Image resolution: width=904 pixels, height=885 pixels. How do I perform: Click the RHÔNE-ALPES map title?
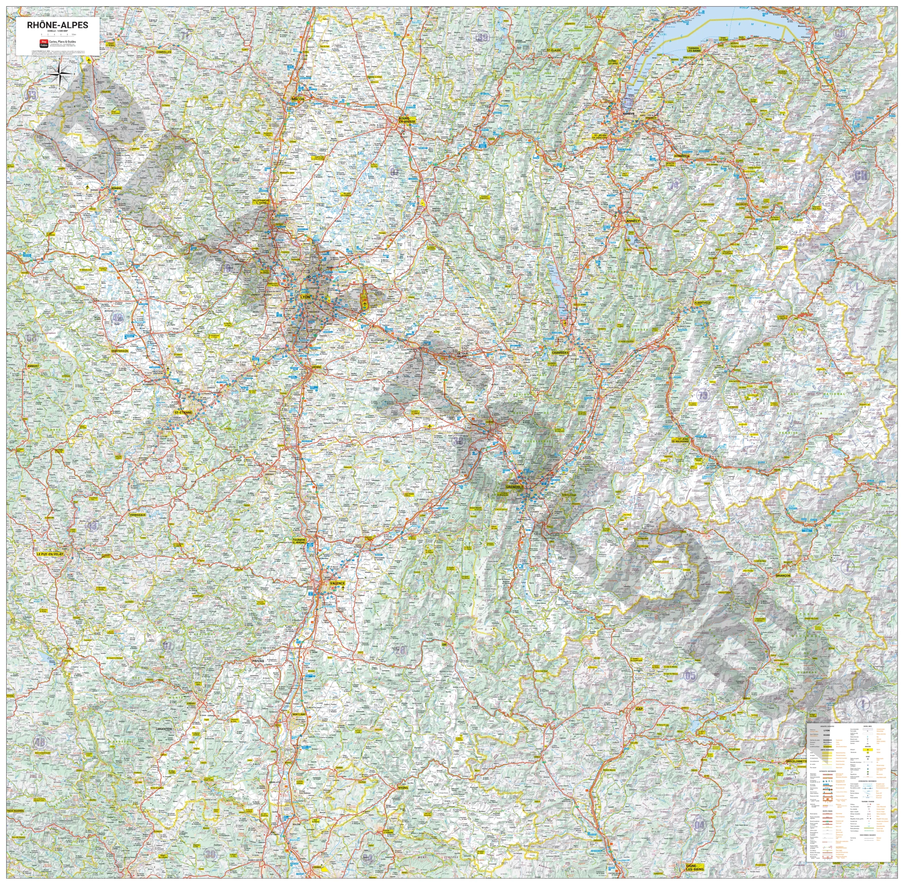pos(57,25)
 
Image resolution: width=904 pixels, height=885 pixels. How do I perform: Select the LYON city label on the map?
pos(305,296)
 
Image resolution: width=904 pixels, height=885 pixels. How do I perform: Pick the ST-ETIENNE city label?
pos(183,412)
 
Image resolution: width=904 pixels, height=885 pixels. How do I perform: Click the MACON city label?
pos(298,99)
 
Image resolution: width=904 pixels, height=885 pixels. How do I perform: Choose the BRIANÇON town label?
pos(783,576)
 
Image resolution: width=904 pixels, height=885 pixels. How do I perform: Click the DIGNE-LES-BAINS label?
pos(695,867)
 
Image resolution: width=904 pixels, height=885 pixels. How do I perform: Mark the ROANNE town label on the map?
pos(116,188)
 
